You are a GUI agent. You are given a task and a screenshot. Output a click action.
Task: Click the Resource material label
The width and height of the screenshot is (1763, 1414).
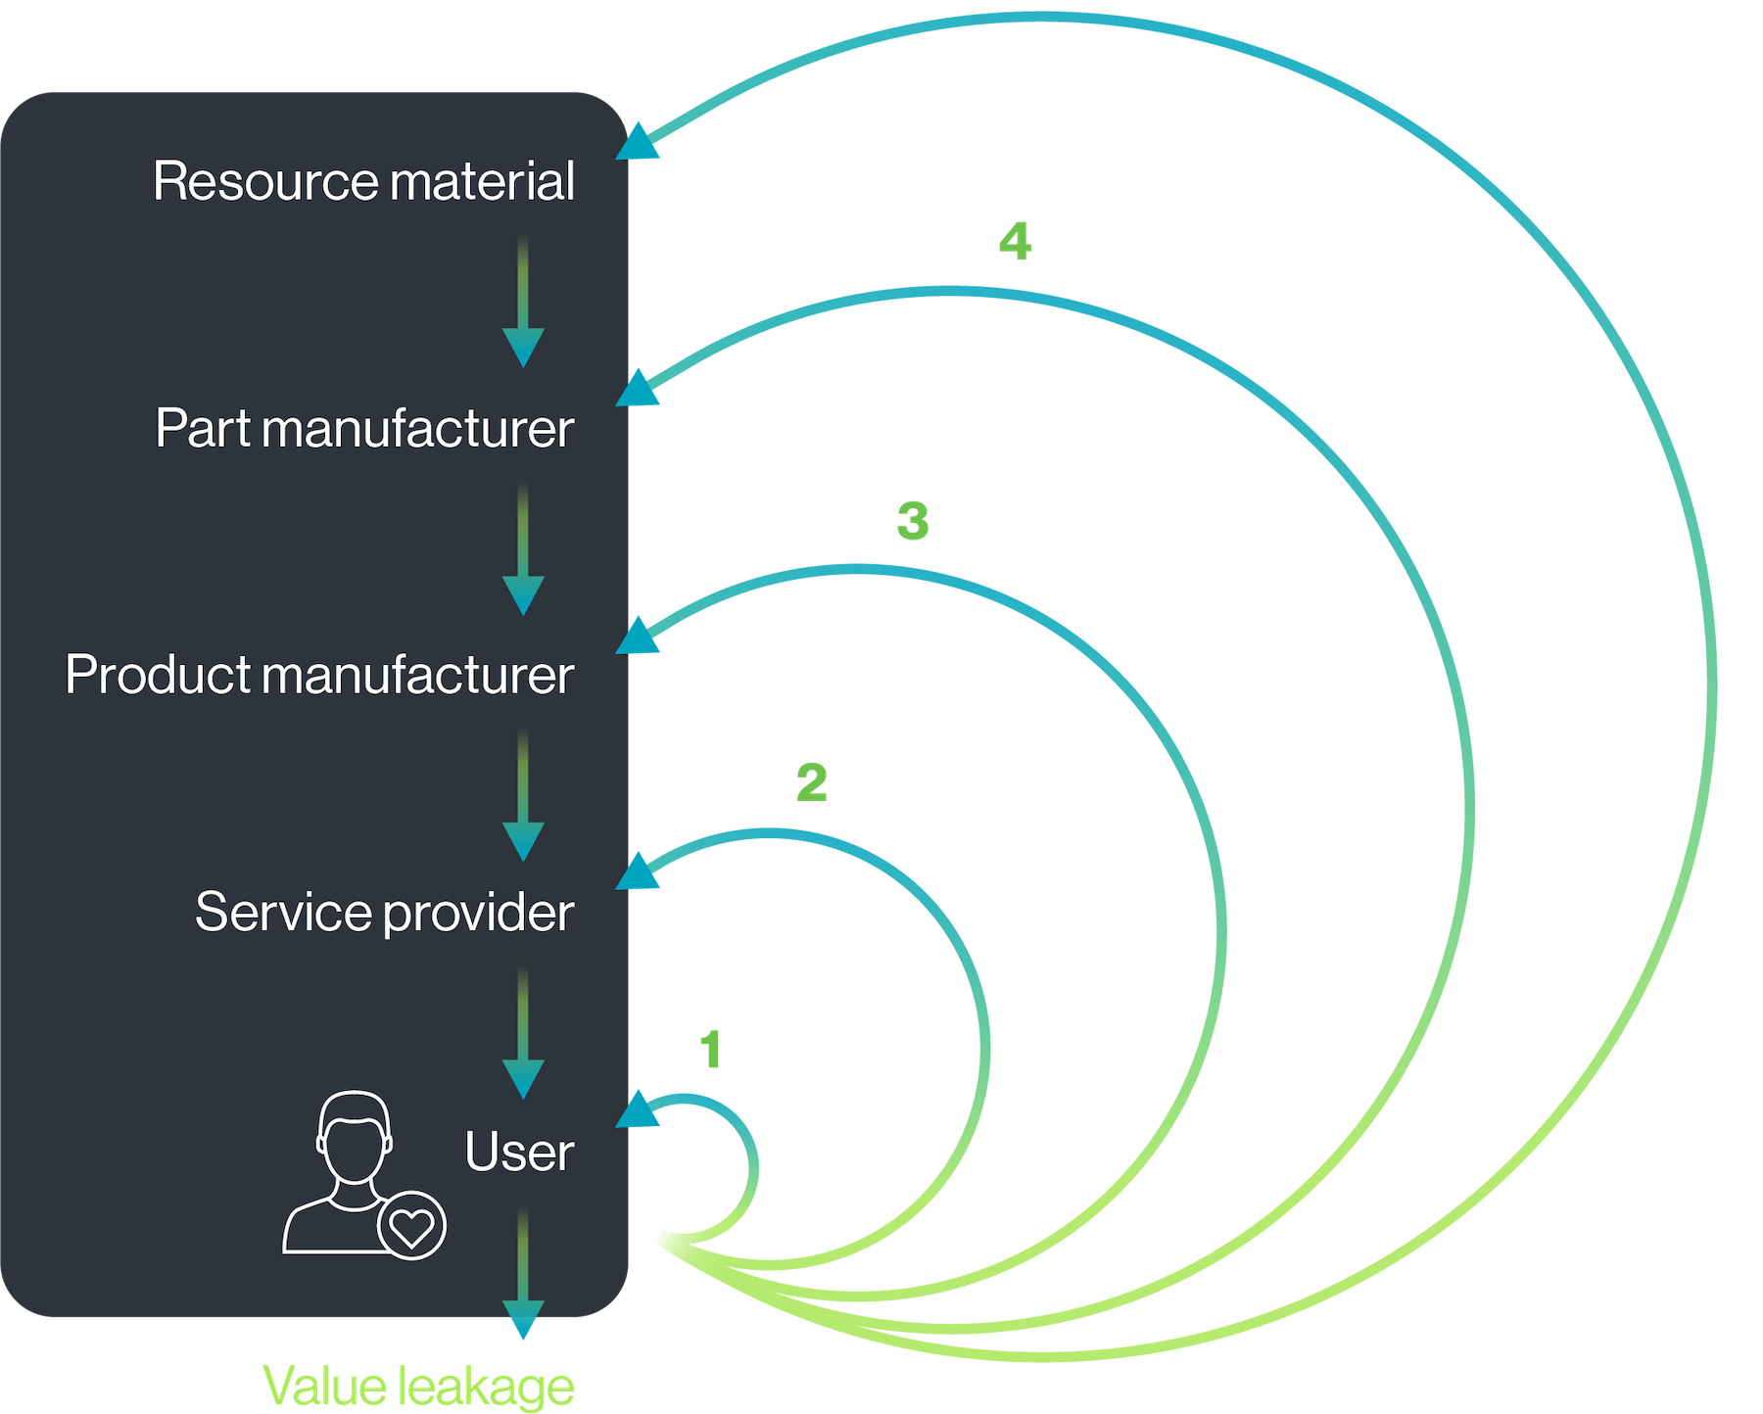pos(363,182)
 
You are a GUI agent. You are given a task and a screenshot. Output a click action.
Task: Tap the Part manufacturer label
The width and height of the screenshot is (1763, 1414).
pos(364,429)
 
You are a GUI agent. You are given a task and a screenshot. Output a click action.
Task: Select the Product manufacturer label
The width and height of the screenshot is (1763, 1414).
pos(319,676)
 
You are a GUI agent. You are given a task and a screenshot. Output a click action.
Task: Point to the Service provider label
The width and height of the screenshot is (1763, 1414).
pos(384,913)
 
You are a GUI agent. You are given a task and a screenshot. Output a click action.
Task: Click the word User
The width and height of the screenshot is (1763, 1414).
pos(518,1153)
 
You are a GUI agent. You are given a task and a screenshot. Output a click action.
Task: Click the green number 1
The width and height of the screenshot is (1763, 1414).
pos(711,1051)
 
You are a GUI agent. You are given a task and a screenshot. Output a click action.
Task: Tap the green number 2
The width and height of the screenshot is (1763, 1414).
pos(811,782)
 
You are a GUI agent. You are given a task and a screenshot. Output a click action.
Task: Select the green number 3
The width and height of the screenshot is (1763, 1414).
pos(912,520)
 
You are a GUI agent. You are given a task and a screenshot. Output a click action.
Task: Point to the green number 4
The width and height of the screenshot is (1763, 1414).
pos(1015,241)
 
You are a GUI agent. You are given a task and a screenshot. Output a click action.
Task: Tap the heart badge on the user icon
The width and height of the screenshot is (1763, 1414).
pos(411,1225)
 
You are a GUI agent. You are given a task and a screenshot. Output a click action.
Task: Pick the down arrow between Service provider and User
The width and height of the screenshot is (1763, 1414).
pos(523,1033)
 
